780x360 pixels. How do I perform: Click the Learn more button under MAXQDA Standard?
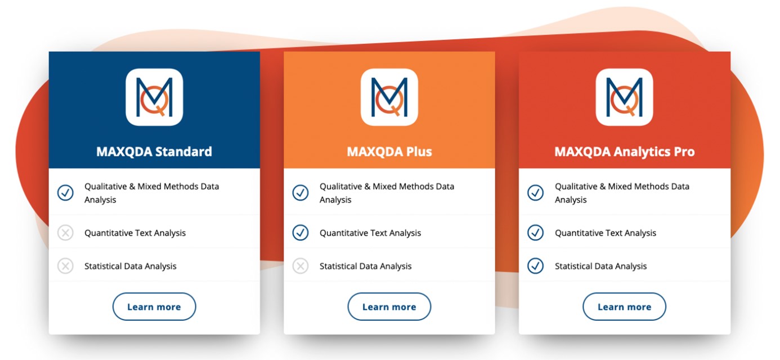tap(154, 307)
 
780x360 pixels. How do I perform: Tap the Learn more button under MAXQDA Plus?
tap(389, 307)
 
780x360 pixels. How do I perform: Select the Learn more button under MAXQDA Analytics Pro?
tap(624, 307)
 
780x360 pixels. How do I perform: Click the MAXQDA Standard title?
tap(154, 152)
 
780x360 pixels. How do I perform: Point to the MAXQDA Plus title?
tap(389, 152)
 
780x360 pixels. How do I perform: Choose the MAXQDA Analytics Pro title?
tap(625, 152)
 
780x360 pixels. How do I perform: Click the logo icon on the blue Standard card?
tap(154, 97)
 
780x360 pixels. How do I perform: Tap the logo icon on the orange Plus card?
tap(389, 97)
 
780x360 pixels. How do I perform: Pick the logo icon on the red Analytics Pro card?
tap(624, 97)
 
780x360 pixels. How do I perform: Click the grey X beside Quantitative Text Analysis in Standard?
tap(65, 232)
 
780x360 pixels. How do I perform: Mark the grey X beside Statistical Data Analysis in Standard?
tap(65, 266)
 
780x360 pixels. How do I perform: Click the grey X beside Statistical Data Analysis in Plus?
tap(301, 266)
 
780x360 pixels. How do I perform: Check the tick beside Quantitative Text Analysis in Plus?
tap(301, 232)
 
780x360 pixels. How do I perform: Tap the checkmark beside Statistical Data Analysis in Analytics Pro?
tap(536, 266)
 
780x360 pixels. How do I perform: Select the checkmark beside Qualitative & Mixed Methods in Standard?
tap(65, 192)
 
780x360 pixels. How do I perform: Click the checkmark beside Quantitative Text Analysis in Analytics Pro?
tap(536, 232)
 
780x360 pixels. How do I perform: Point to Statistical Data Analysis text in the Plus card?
tap(366, 267)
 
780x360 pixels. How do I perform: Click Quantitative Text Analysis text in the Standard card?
tap(135, 233)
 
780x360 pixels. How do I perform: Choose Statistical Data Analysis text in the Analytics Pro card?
tap(600, 267)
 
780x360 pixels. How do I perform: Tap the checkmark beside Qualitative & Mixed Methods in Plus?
tap(301, 192)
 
